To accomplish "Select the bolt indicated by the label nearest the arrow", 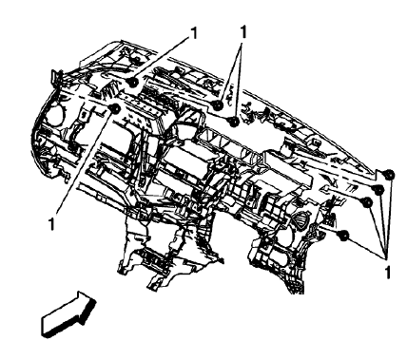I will [x=115, y=110].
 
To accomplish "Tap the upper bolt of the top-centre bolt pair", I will [x=219, y=104].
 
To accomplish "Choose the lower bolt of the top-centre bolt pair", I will [x=234, y=120].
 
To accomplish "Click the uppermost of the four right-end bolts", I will [x=389, y=174].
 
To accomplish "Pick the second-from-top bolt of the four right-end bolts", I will [x=378, y=190].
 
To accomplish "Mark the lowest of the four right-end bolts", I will [x=344, y=234].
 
